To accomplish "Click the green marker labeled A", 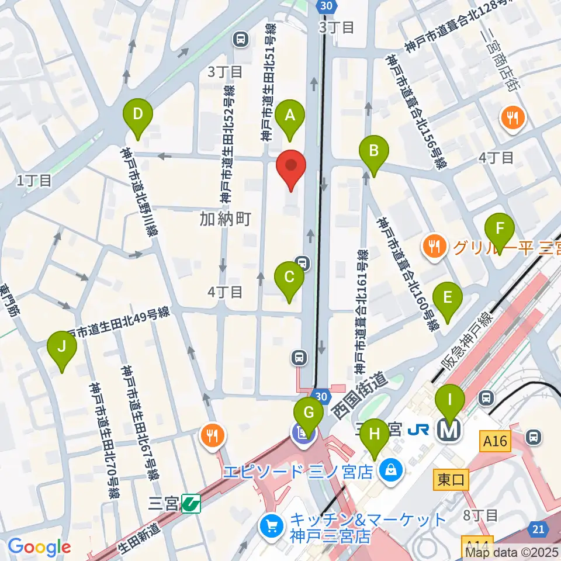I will coord(290,116).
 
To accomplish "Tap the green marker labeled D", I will coord(138,115).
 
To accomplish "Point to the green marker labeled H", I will coord(374,435).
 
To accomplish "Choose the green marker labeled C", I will coord(289,278).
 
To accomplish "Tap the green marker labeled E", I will coord(448,299).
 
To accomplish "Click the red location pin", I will coord(290,167).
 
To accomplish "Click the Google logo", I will coord(40,547).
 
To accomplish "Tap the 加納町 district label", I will coord(225,219).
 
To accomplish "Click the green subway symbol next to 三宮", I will coord(191,502).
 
